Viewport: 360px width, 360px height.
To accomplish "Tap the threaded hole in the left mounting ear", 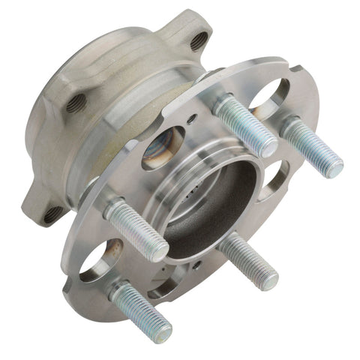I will [x=73, y=104].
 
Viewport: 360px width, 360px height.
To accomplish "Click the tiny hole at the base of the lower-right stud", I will [x=197, y=264].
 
